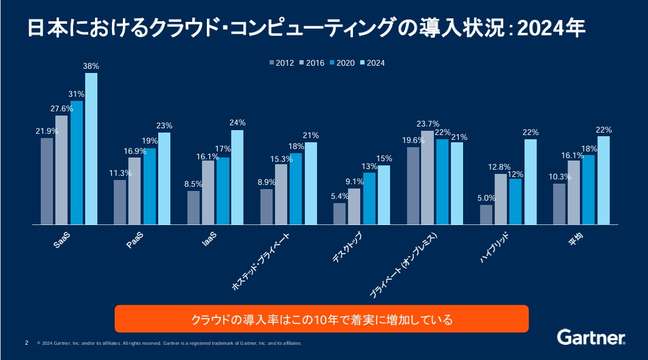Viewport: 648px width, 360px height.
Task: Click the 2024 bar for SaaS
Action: point(91,149)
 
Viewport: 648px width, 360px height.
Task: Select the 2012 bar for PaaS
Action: point(120,202)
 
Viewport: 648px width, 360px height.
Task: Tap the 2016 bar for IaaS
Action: point(208,193)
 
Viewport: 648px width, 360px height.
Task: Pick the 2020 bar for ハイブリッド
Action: point(515,202)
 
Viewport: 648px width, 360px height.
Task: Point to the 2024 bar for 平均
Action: point(604,181)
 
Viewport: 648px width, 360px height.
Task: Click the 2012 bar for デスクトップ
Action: point(340,214)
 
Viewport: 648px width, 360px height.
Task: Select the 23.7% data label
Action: point(428,124)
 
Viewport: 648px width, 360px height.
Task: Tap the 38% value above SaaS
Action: point(91,66)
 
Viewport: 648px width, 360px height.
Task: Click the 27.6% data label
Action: point(62,109)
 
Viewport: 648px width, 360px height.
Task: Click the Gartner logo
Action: point(591,337)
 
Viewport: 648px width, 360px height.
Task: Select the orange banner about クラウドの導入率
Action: point(321,319)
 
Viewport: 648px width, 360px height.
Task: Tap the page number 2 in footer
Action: point(26,343)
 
